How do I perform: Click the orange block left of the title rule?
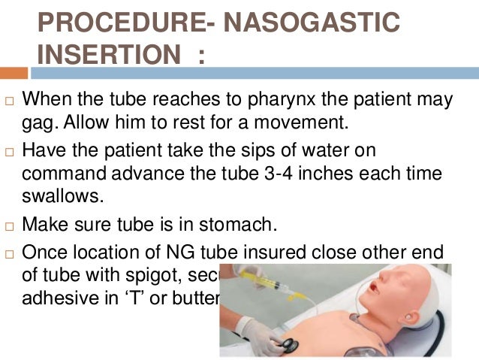click(x=13, y=72)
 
